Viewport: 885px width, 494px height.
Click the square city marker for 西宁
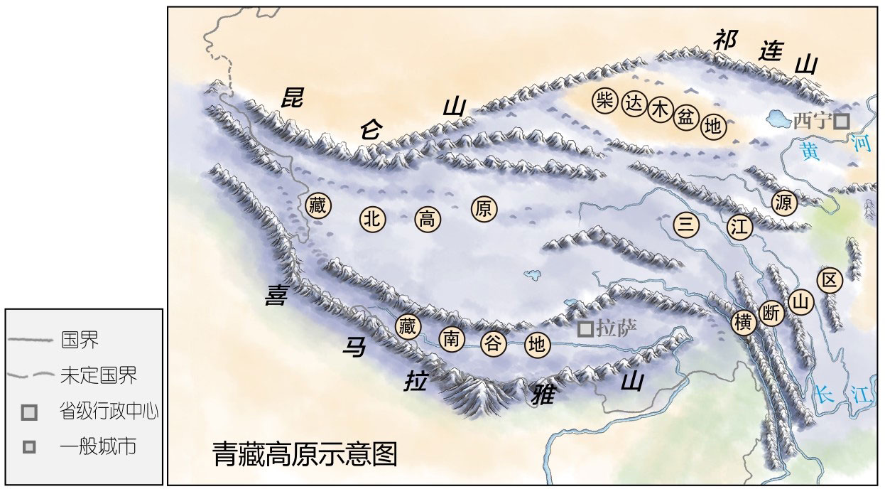(841, 122)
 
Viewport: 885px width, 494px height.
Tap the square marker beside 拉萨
(585, 328)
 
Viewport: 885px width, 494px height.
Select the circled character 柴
(605, 100)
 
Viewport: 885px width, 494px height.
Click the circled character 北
(372, 218)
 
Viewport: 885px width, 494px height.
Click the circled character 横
(744, 322)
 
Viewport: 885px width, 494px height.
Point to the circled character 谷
(493, 344)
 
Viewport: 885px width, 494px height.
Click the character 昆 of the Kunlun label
(290, 97)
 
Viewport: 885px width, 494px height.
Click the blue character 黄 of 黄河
(808, 150)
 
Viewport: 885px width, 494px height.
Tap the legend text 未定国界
(99, 375)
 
